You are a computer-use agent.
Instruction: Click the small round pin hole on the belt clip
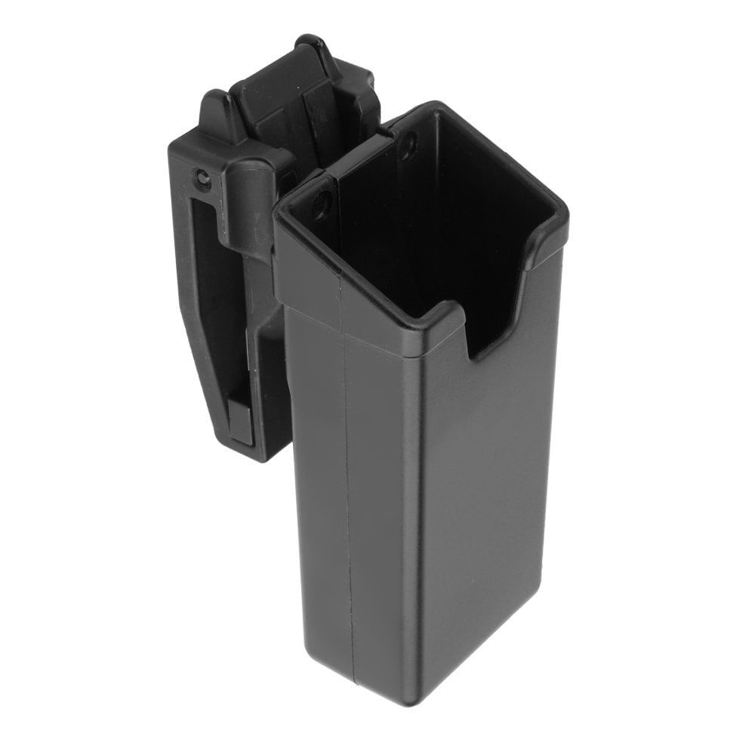coord(201,178)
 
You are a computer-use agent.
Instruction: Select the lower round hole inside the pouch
coord(322,203)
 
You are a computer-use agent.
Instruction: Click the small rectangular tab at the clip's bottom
coord(241,423)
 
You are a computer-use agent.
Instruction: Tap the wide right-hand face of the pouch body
coord(491,491)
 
